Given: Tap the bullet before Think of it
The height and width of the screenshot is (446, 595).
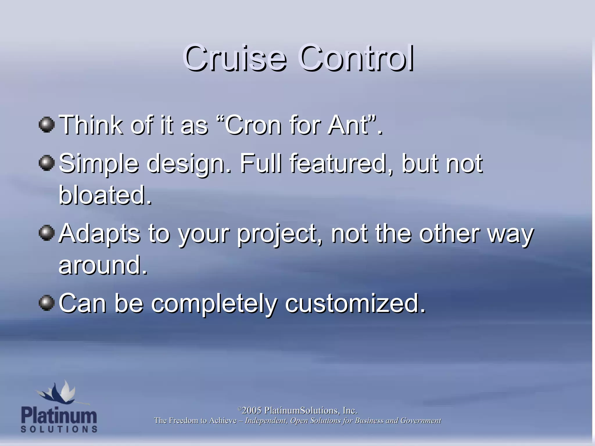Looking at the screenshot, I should click(x=46, y=125).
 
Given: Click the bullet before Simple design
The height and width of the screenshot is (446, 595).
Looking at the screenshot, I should click(x=46, y=163).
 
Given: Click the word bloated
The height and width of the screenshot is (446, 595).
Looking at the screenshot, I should click(x=105, y=195).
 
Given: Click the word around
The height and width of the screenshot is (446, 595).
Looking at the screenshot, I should click(x=103, y=265).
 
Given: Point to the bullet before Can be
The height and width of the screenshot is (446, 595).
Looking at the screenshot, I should click(x=46, y=303).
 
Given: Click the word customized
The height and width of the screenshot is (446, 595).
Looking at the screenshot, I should click(x=355, y=304).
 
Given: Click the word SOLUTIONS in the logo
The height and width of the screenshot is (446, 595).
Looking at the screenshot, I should click(x=59, y=429).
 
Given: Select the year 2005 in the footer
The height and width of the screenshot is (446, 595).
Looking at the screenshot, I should click(x=252, y=411).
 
